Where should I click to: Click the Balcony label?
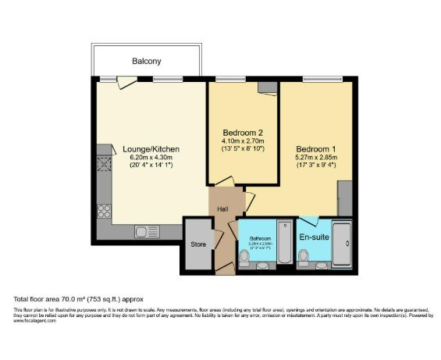tap(146, 61)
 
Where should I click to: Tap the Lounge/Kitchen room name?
tap(151, 149)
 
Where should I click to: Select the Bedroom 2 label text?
tap(242, 132)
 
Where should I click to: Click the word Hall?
tap(223, 209)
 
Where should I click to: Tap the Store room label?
tap(197, 244)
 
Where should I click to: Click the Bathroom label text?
tap(260, 237)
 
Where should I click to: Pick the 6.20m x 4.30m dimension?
tap(151, 159)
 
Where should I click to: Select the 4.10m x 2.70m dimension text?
tap(242, 141)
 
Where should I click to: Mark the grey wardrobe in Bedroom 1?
tap(345, 198)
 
